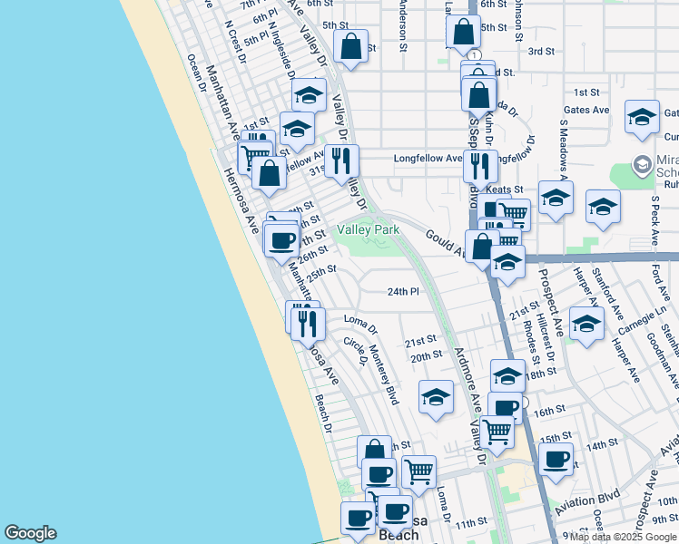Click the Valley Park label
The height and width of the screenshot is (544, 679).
pos(369,230)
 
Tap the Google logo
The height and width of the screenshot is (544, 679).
pos(30,533)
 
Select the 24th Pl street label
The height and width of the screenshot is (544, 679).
pos(403,292)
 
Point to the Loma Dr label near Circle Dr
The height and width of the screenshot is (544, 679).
pos(360,319)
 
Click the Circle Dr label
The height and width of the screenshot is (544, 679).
pos(354,352)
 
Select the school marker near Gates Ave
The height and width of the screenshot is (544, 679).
pos(642,117)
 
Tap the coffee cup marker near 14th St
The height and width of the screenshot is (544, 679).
pos(556,458)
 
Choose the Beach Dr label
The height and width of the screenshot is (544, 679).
pos(324,413)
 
